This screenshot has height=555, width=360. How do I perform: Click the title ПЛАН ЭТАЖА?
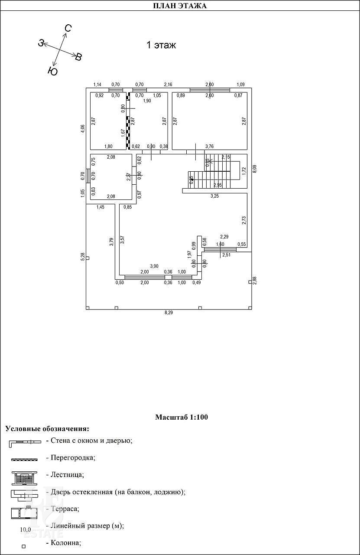(180, 6)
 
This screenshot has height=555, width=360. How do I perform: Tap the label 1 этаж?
(161, 45)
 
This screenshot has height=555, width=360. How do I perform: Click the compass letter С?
(68, 29)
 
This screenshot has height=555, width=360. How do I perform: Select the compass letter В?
(78, 57)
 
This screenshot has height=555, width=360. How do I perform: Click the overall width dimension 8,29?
(169, 313)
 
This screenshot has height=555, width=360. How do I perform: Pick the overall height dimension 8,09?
(255, 169)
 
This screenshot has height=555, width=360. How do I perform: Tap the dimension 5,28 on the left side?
(82, 257)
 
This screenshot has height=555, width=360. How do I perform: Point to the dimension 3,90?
(154, 266)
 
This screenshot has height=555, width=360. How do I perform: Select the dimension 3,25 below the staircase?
(214, 196)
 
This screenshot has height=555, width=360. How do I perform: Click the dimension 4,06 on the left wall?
(82, 129)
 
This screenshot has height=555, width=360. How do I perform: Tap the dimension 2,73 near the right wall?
(243, 220)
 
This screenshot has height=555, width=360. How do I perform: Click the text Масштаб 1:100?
(182, 418)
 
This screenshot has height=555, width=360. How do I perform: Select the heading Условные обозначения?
(47, 429)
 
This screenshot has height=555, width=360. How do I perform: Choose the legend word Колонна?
(66, 542)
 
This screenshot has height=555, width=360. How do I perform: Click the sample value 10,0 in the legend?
(26, 529)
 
